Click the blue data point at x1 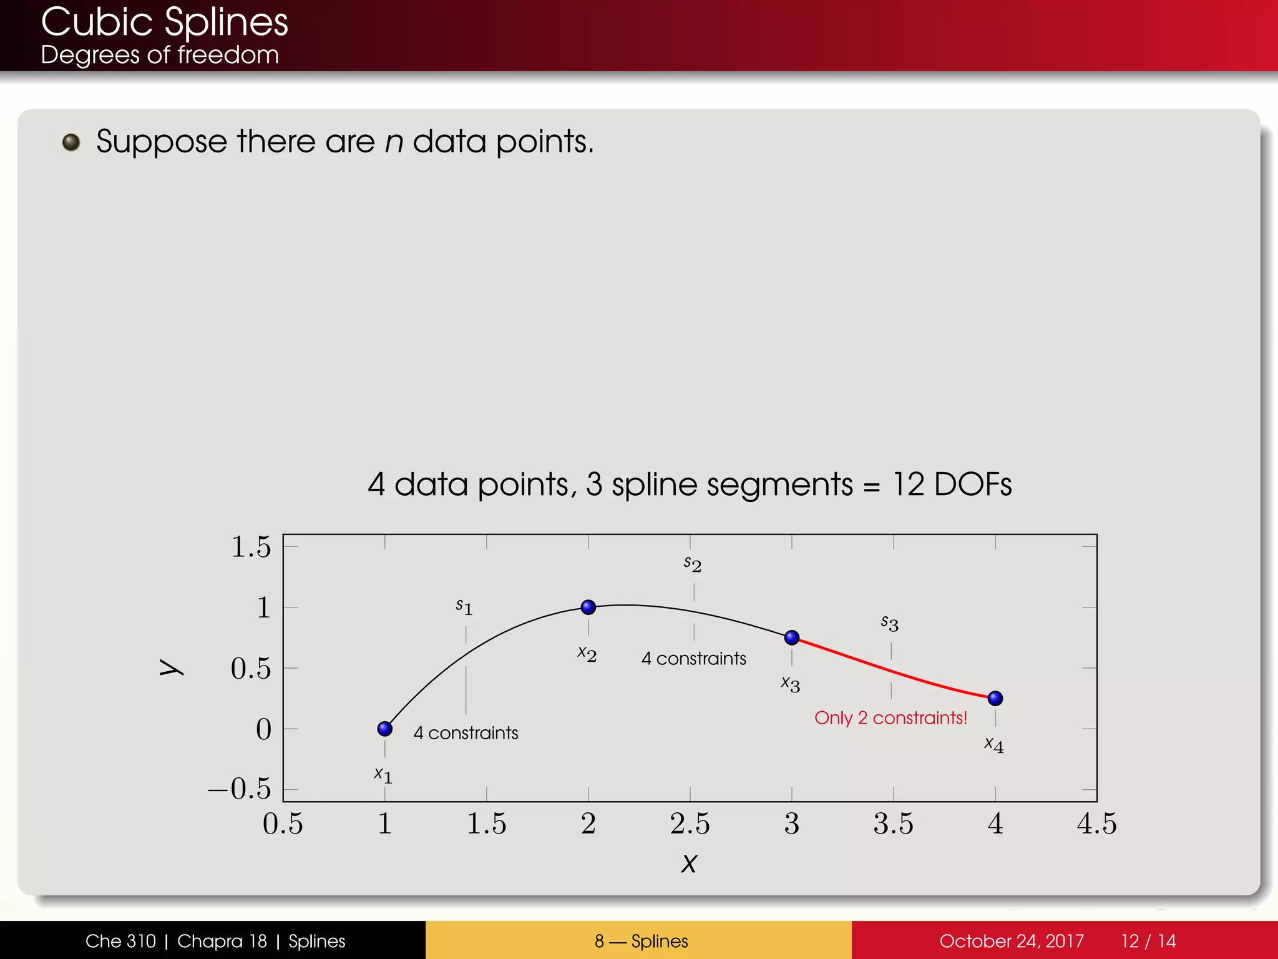tap(385, 729)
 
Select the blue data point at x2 tap(588, 607)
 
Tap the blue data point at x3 tap(792, 637)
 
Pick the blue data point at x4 tap(995, 698)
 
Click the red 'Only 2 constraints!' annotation tap(890, 718)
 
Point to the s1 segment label tap(464, 606)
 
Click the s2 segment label tap(693, 564)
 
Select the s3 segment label tap(890, 622)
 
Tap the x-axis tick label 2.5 tap(690, 824)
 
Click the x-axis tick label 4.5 tap(1096, 824)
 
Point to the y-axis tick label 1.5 tap(251, 547)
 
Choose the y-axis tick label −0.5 tap(240, 789)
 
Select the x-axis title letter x tap(689, 863)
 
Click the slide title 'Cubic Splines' tap(164, 22)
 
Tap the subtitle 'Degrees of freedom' tap(160, 55)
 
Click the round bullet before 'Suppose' tap(71, 142)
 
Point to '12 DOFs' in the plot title tap(952, 484)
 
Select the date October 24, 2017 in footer tap(1011, 941)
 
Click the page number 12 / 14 tap(1148, 941)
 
